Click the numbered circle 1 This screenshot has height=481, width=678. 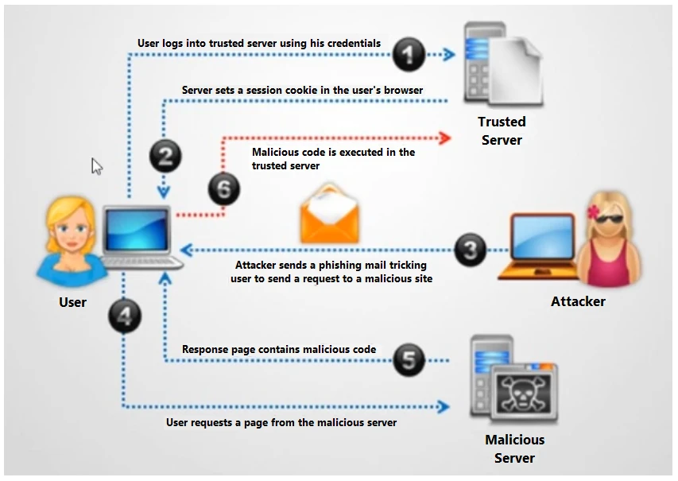(409, 55)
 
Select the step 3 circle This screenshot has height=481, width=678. (470, 250)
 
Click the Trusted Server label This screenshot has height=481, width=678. (502, 131)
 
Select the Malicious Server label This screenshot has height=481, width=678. (514, 448)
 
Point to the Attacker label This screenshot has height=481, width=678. (578, 301)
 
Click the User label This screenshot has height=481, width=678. (72, 302)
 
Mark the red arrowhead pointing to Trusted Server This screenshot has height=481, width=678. (444, 138)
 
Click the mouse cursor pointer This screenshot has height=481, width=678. (96, 165)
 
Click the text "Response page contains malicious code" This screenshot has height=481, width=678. (279, 349)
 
